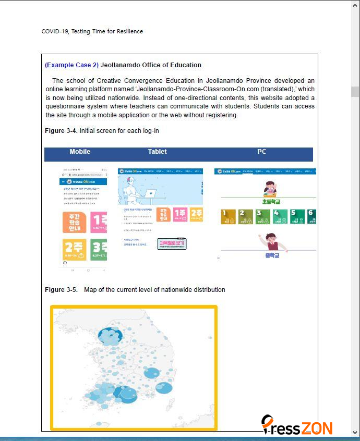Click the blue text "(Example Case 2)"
pos(71,65)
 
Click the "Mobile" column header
pos(80,152)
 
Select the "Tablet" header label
pos(157,152)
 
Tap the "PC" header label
pos(262,152)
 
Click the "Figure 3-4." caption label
pos(61,130)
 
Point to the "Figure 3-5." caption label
pos(61,290)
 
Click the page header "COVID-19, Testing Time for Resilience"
pos(92,31)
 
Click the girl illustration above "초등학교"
pos(270,189)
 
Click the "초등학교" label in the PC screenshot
pos(271,202)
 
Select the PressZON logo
pos(297,425)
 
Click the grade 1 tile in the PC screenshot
pos(229,216)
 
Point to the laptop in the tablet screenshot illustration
pos(150,193)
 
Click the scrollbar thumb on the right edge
pos(355,92)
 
